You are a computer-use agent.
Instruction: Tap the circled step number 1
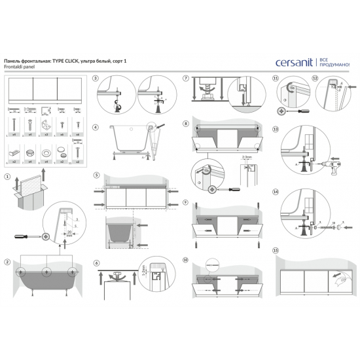pos(7,158)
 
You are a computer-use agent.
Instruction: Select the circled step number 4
pos(96,128)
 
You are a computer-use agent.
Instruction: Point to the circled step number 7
pos(187,79)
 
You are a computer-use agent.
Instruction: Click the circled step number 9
pos(187,203)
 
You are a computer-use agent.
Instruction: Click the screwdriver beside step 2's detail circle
pos(31,232)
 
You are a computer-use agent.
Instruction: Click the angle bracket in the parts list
pos(45,123)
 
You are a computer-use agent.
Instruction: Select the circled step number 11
pos(275,79)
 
